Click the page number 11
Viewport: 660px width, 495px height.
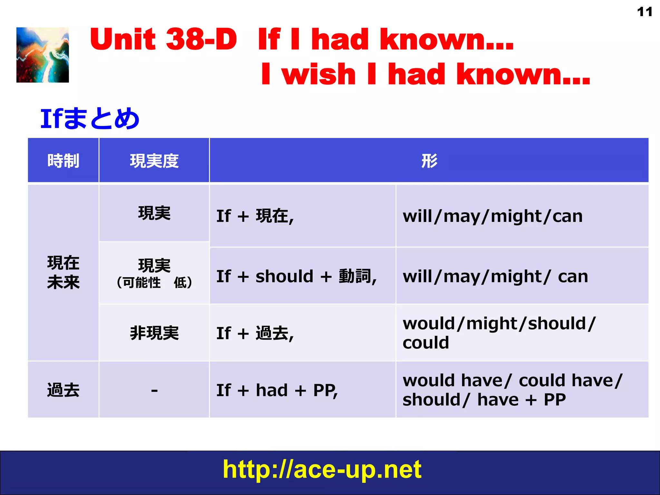645,12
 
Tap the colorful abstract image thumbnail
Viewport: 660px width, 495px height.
43,55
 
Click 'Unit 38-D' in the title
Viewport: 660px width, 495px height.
163,39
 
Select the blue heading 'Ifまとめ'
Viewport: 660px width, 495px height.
90,119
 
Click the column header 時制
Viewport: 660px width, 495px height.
63,161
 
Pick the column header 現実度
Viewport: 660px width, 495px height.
154,161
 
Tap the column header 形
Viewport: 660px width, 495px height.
429,161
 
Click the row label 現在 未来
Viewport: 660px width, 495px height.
63,272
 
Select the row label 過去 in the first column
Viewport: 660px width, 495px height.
63,390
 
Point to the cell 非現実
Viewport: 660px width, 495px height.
154,333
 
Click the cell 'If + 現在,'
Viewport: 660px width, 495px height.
255,216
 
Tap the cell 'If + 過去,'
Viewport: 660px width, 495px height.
255,333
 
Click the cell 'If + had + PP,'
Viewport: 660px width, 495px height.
277,390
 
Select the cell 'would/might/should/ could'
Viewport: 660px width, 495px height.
499,333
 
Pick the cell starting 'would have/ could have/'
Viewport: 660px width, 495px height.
512,390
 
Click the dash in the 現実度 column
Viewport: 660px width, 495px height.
154,390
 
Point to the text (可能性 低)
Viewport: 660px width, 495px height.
154,283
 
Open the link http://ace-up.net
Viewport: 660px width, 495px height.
322,469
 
